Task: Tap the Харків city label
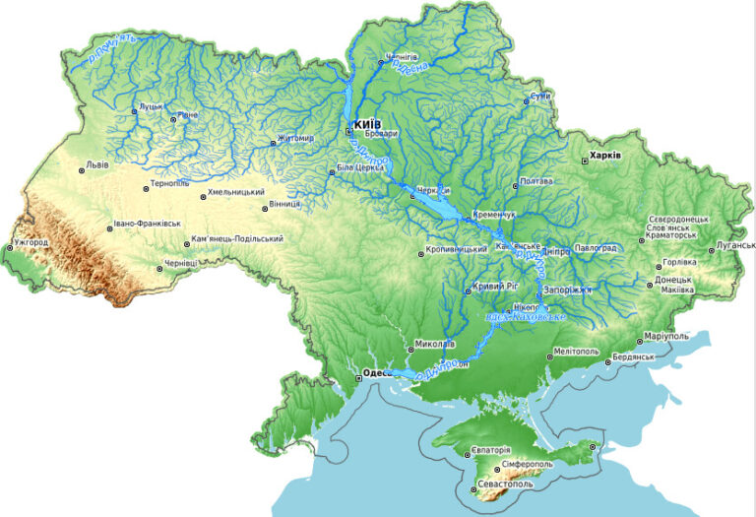(x=604, y=156)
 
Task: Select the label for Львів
(x=97, y=164)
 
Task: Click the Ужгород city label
(x=31, y=241)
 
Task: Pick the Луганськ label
(x=735, y=244)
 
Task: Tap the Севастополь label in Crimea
(x=504, y=485)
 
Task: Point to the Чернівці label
(x=181, y=263)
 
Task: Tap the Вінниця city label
(x=287, y=205)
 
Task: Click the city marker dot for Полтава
(x=514, y=182)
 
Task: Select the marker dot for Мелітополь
(x=547, y=352)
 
